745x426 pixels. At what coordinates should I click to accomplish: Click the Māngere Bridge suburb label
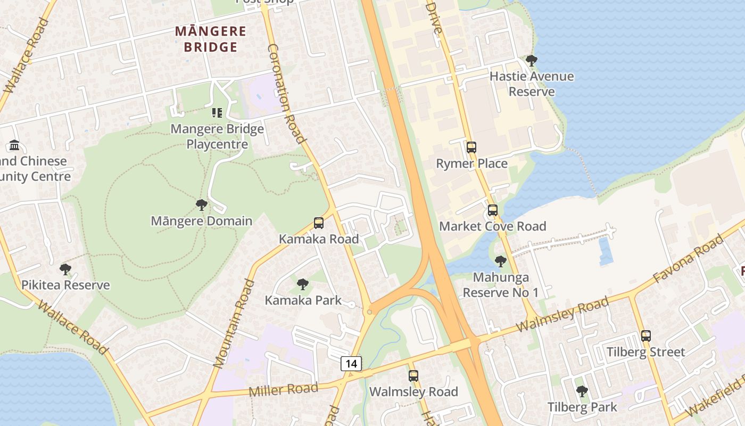pyautogui.click(x=211, y=39)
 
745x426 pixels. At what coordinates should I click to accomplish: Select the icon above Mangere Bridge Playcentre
pyautogui.click(x=217, y=112)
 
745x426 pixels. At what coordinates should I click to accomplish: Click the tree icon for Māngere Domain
pyautogui.click(x=201, y=205)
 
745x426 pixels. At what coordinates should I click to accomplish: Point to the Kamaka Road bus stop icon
pyautogui.click(x=319, y=223)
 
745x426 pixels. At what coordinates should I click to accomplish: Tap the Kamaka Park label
pyautogui.click(x=303, y=300)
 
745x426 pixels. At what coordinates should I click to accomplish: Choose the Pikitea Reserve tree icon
pyautogui.click(x=65, y=269)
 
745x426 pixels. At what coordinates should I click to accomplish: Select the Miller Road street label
pyautogui.click(x=283, y=389)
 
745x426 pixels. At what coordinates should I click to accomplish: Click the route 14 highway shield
pyautogui.click(x=351, y=364)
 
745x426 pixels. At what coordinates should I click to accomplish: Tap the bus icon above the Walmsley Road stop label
pyautogui.click(x=413, y=376)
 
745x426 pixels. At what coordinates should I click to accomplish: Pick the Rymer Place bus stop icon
pyautogui.click(x=471, y=148)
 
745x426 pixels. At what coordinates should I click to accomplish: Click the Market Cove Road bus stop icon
pyautogui.click(x=493, y=210)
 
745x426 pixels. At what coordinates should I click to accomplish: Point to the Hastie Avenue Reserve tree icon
pyautogui.click(x=531, y=60)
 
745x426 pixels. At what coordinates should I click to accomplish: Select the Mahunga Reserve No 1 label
pyautogui.click(x=500, y=285)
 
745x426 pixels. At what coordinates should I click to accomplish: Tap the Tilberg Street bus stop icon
pyautogui.click(x=646, y=336)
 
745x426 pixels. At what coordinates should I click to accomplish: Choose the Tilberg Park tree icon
pyautogui.click(x=582, y=391)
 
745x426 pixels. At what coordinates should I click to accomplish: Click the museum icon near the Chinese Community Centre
pyautogui.click(x=14, y=145)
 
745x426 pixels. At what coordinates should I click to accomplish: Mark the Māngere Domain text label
pyautogui.click(x=201, y=221)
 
